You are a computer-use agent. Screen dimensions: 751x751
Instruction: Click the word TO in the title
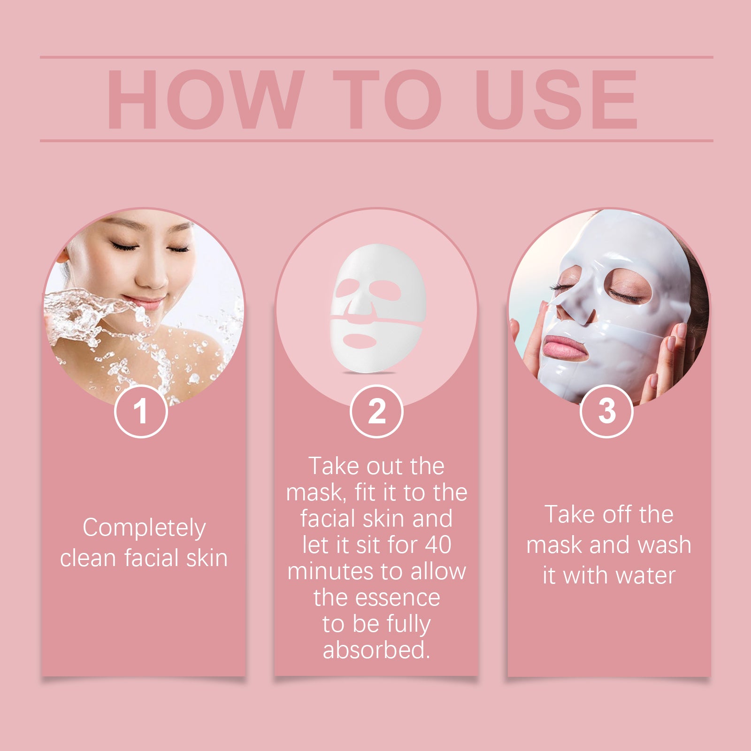387,100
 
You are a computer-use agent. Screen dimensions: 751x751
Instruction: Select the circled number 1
141,412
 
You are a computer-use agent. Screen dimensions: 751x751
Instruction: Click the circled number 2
376,412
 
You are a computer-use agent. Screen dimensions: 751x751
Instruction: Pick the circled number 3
606,411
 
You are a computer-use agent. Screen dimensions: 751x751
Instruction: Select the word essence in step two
398,598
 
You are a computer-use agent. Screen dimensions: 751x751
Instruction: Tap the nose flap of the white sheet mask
360,307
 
